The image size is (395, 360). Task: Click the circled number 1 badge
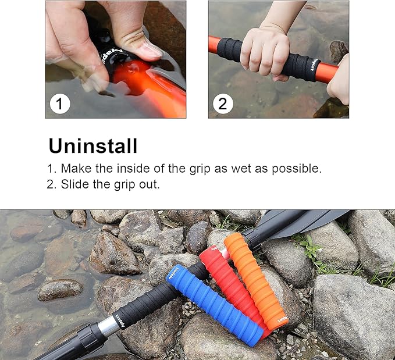[59, 104]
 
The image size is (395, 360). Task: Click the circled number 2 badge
[222, 104]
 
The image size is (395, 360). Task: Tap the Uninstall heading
[93, 145]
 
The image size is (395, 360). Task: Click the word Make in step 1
[74, 169]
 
